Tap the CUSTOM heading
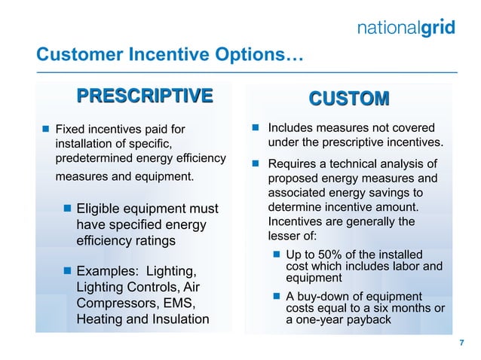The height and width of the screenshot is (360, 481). click(x=349, y=99)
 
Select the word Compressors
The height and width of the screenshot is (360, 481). click(x=121, y=303)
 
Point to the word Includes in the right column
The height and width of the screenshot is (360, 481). click(x=293, y=128)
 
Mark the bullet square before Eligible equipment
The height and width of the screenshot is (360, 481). click(x=68, y=209)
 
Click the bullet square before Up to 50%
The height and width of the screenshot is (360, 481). click(x=277, y=256)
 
